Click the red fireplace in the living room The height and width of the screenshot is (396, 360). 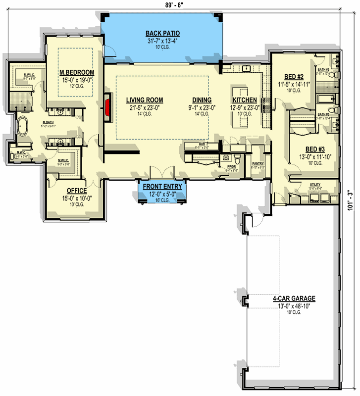tap(106, 105)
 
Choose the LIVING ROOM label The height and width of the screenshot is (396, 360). tap(144, 99)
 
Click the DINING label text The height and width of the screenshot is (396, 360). tap(198, 99)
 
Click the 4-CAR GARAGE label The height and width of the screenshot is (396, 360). tap(294, 299)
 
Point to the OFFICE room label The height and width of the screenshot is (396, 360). tap(77, 191)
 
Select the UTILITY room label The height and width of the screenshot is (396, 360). tap(315, 184)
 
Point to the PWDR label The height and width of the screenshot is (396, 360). tap(231, 166)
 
